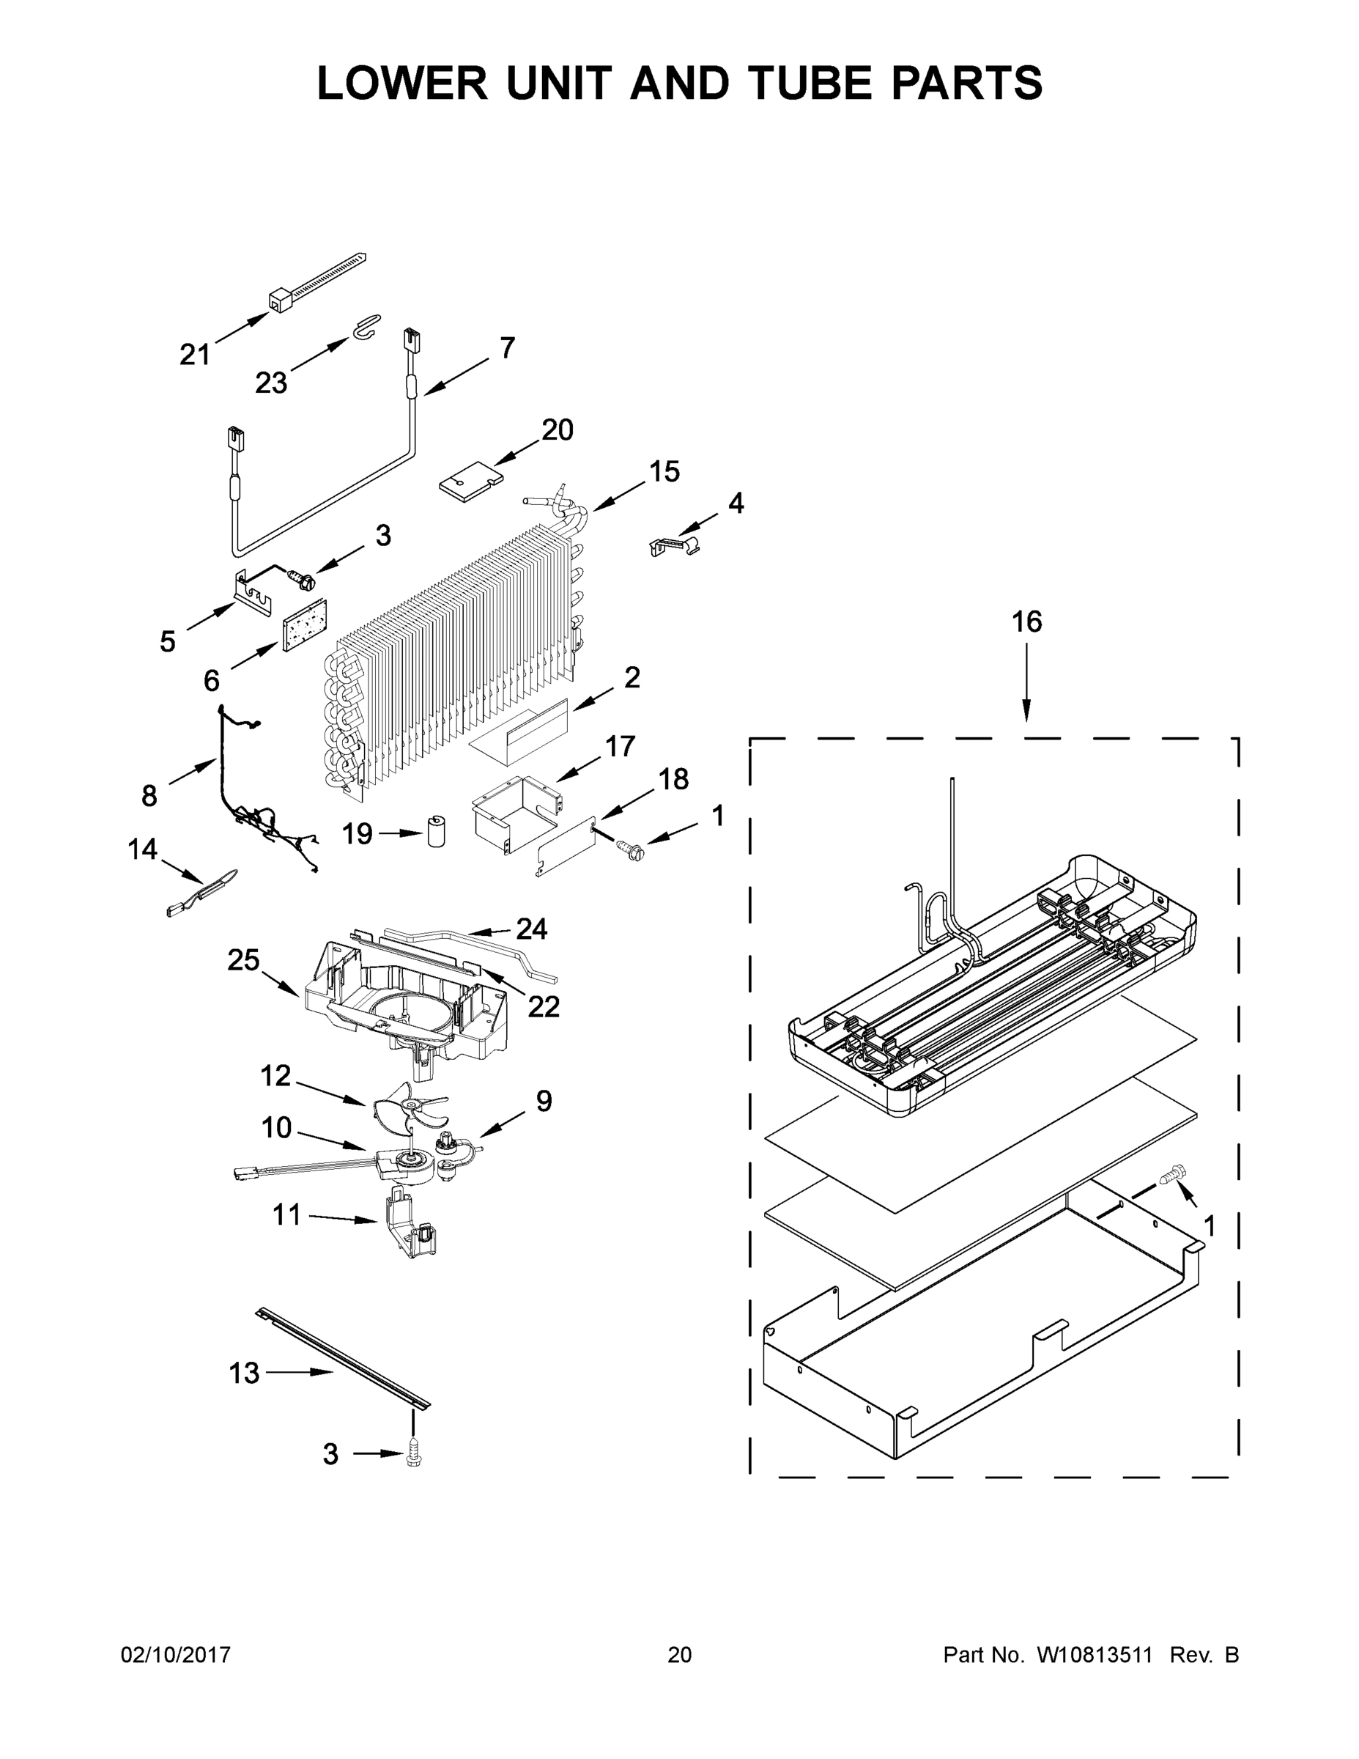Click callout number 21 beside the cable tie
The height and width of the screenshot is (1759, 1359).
tap(194, 355)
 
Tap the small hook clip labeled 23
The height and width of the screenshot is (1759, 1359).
tap(366, 326)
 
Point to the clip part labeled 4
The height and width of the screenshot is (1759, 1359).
tap(673, 545)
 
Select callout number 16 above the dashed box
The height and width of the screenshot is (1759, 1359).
tap(1026, 622)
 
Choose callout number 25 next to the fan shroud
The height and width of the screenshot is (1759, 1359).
tap(243, 960)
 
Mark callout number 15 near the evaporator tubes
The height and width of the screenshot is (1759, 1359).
tap(664, 471)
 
